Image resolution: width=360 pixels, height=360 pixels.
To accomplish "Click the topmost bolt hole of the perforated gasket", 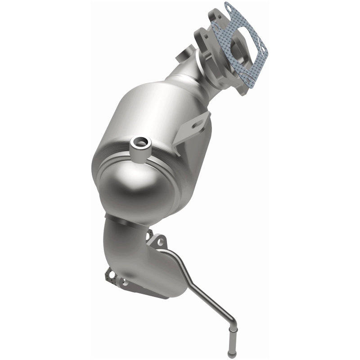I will coord(228,7).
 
